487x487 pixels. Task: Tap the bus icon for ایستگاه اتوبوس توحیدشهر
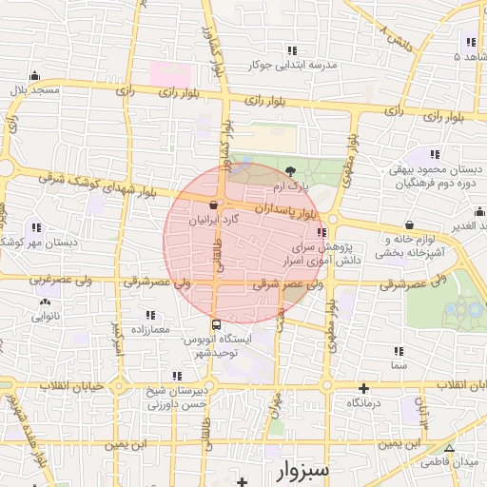[217, 323]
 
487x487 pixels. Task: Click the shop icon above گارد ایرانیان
[213, 205]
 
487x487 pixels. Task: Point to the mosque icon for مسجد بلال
[35, 76]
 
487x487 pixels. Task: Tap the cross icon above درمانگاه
[363, 388]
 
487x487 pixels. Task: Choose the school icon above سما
[397, 351]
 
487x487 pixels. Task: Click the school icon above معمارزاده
[149, 315]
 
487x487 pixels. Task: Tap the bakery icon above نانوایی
[45, 302]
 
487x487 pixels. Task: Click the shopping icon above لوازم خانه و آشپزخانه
[409, 224]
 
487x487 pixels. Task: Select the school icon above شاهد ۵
[470, 42]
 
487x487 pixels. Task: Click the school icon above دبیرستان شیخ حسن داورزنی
[176, 377]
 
